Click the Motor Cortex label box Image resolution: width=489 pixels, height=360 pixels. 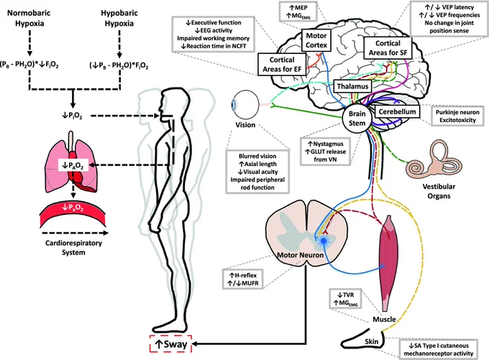click(316, 40)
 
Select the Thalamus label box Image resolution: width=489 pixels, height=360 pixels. click(352, 86)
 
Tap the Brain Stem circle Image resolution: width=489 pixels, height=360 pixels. click(357, 119)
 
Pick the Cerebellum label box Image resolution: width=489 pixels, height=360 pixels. click(397, 111)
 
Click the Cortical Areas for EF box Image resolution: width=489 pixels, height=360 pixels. click(282, 65)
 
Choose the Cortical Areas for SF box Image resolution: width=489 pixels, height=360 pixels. click(388, 48)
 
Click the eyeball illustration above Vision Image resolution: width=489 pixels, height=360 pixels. click(244, 104)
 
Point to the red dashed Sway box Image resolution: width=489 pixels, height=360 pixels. click(170, 343)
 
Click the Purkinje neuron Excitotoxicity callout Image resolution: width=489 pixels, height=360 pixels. click(457, 116)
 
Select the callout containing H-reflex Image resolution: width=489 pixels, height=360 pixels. click(243, 280)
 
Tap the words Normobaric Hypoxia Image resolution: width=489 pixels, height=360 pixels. click(29, 18)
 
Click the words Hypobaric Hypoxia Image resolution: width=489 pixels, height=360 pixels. click(119, 18)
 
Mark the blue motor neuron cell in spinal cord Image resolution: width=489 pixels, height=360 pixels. click(324, 241)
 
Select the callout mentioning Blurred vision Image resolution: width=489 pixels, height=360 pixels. click(257, 172)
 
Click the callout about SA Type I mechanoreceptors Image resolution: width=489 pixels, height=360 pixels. click(438, 349)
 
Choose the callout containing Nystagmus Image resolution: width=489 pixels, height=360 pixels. click(325, 152)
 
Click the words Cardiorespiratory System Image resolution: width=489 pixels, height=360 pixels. click(73, 247)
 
